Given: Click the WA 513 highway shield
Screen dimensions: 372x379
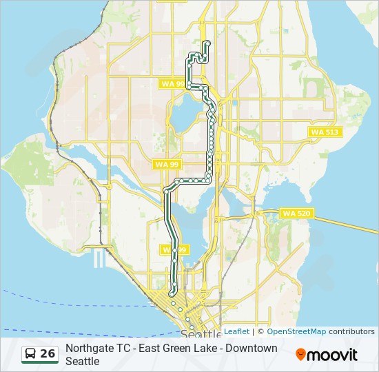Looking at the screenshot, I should click(x=325, y=132).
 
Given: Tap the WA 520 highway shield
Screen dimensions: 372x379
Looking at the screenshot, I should click(x=297, y=214).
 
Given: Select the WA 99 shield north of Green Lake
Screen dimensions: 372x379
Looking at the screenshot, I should click(x=172, y=84).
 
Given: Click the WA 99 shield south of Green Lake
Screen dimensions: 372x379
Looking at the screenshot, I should click(x=167, y=164).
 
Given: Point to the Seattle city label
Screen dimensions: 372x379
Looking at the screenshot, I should click(x=201, y=334).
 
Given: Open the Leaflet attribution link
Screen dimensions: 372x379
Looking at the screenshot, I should click(x=236, y=331).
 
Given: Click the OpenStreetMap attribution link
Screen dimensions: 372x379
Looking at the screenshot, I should click(x=296, y=331).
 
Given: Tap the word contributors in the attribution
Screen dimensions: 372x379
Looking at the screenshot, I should click(x=351, y=331).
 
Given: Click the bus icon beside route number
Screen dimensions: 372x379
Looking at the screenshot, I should click(x=30, y=354).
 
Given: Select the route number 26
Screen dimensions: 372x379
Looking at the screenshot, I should click(x=48, y=353).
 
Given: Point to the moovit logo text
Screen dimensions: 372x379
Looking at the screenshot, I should click(x=332, y=355).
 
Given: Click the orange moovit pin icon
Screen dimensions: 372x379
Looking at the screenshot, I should click(x=300, y=355).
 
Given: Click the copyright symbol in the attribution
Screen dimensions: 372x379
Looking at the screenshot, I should click(x=261, y=331).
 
